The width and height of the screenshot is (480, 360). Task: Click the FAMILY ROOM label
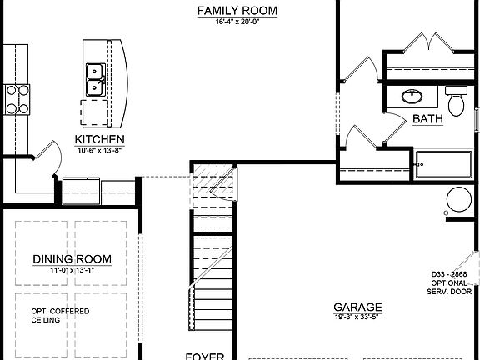tap(237, 11)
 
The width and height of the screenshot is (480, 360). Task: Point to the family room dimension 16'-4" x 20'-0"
tap(237, 22)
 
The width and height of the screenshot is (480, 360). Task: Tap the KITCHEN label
tap(100, 139)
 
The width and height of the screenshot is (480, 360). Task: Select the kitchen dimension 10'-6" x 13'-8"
tap(100, 150)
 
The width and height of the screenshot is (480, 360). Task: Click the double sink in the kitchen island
tap(95, 79)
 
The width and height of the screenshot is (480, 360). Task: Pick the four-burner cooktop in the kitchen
tap(16, 98)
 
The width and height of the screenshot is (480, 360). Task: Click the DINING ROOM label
tap(72, 259)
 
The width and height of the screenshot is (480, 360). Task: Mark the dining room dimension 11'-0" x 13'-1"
tap(72, 270)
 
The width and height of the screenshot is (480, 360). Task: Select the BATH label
tap(427, 120)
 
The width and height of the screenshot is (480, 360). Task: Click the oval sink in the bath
tap(411, 96)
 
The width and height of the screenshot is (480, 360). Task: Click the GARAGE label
tap(357, 306)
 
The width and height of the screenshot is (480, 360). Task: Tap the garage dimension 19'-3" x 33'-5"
tap(357, 317)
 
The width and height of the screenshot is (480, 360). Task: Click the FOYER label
tap(203, 356)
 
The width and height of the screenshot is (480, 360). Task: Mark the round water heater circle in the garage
tap(459, 200)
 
